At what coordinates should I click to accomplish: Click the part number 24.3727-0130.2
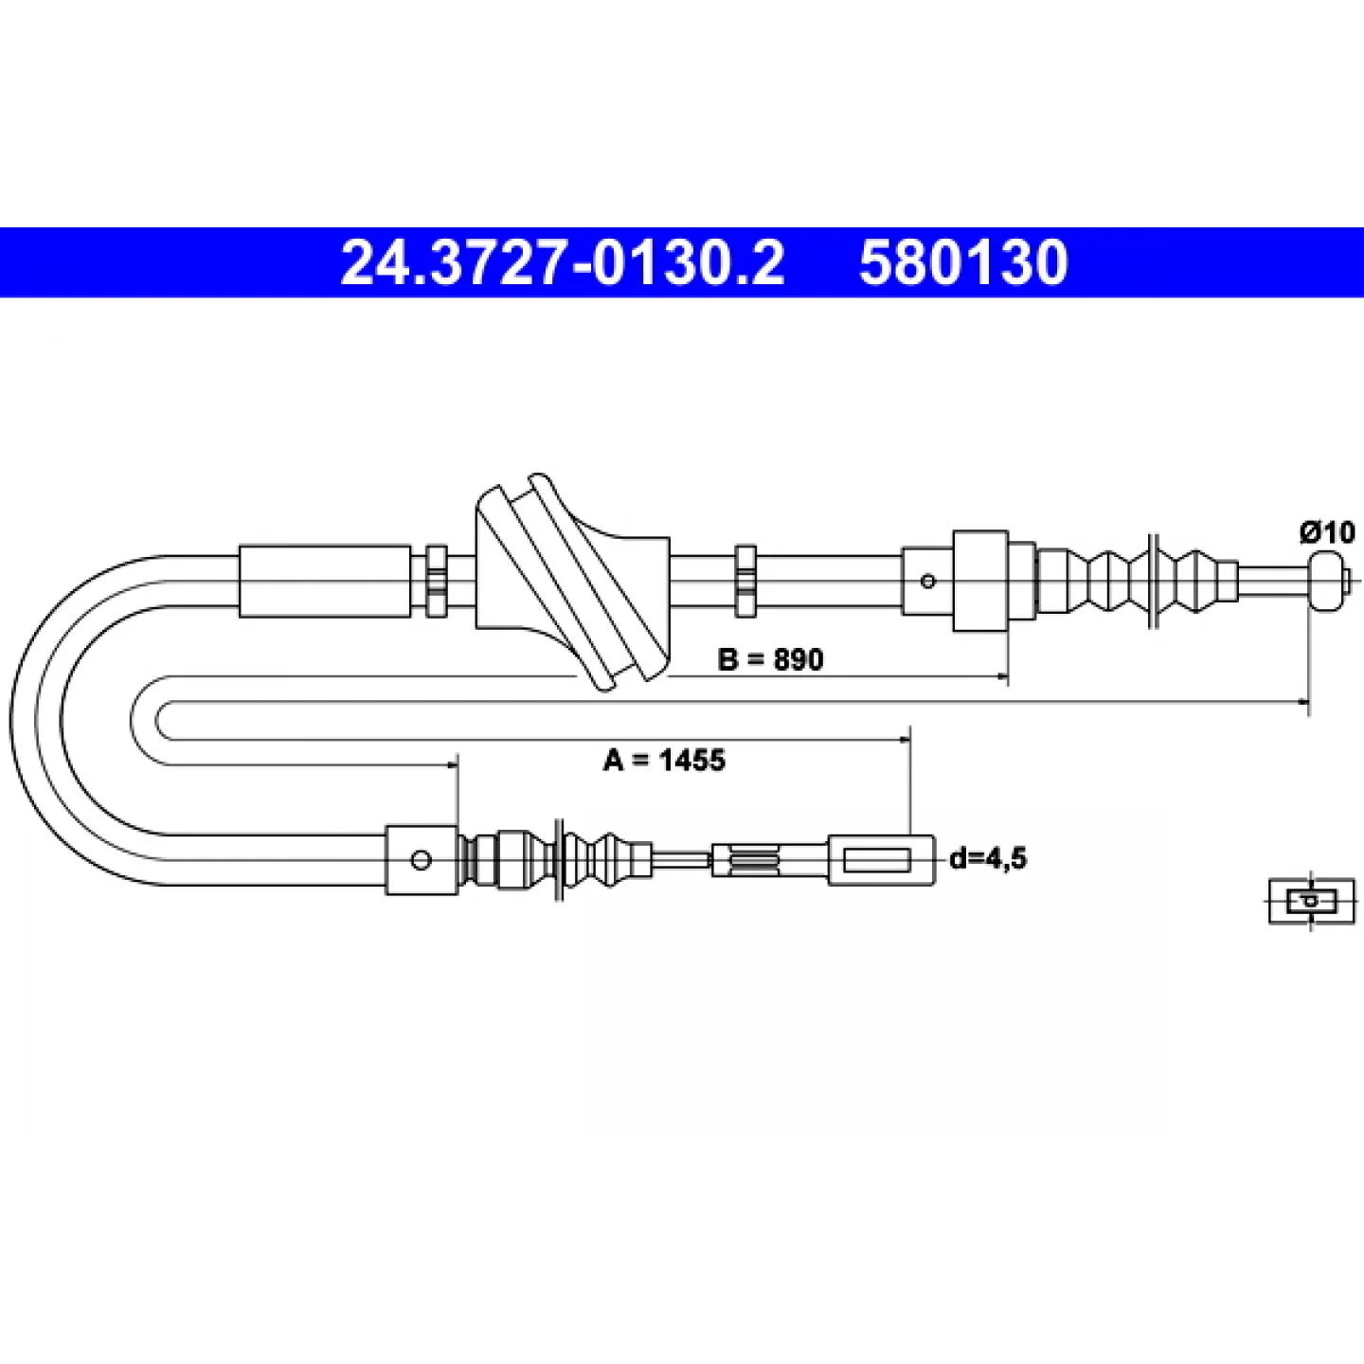coord(562,263)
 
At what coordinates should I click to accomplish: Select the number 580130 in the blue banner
coord(962,263)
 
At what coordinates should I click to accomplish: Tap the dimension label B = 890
coord(770,659)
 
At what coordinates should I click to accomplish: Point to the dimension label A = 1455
coord(664,761)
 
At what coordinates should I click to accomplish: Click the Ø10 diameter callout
coord(1326,532)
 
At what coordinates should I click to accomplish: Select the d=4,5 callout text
coord(987,858)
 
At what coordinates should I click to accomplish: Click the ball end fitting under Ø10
coord(1325,582)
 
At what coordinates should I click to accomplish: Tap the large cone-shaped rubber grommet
coord(572,582)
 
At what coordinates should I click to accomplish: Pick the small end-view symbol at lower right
coord(1311,901)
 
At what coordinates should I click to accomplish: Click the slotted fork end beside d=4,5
coord(881,860)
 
